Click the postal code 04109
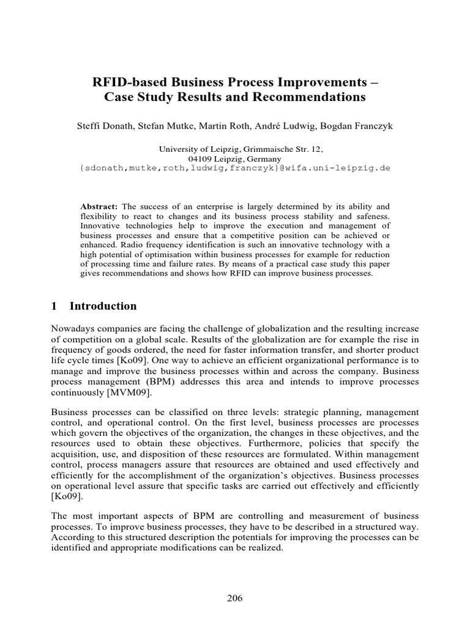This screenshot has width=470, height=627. (x=199, y=158)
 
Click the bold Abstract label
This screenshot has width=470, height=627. (x=101, y=207)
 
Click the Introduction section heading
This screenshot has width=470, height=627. (x=103, y=306)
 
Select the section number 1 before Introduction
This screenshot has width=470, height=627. (x=54, y=306)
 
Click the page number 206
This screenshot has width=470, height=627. (x=234, y=598)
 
